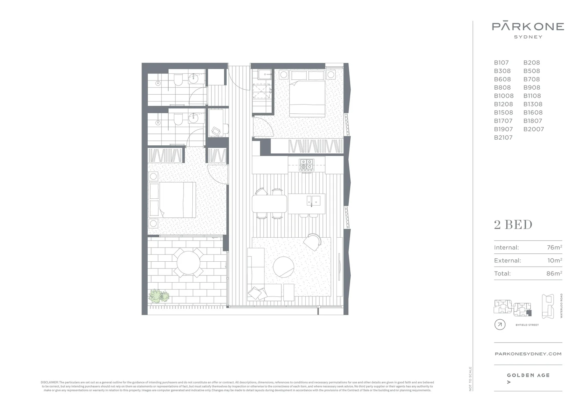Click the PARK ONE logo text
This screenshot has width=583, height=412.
pyautogui.click(x=528, y=26)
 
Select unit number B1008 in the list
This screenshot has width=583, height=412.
pyautogui.click(x=504, y=96)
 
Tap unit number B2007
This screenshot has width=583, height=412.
pyautogui.click(x=533, y=129)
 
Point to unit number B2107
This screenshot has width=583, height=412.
pyautogui.click(x=503, y=137)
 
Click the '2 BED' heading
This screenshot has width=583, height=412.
pyautogui.click(x=513, y=225)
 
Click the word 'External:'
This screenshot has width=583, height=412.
pyautogui.click(x=507, y=261)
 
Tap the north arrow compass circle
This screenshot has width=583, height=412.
pyautogui.click(x=499, y=325)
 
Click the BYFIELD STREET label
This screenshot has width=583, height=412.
pyautogui.click(x=527, y=325)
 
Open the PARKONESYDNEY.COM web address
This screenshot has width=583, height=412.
pyautogui.click(x=528, y=354)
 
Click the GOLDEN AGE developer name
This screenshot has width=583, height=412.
pyautogui.click(x=528, y=375)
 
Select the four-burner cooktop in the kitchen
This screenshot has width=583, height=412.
pyautogui.click(x=306, y=164)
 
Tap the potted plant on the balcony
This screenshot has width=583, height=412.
pyautogui.click(x=159, y=296)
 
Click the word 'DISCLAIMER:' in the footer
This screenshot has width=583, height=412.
pyautogui.click(x=50, y=382)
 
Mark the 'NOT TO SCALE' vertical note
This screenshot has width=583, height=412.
pyautogui.click(x=470, y=378)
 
